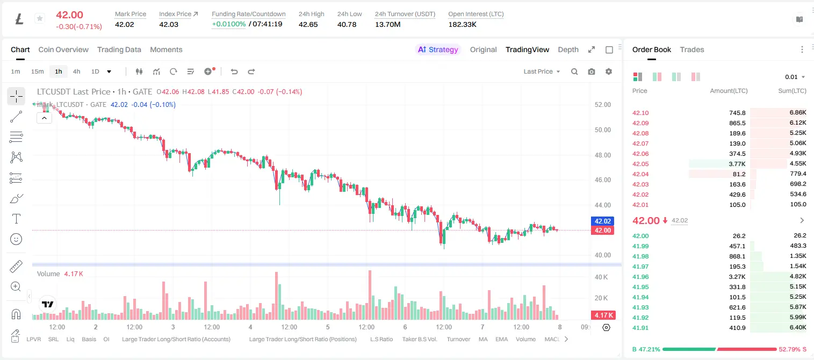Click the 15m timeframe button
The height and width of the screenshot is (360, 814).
(38, 71)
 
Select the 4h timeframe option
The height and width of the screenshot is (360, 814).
(76, 71)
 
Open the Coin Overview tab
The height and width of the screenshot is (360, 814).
(63, 49)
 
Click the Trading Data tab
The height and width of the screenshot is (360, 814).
(119, 49)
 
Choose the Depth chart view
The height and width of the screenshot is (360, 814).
(568, 49)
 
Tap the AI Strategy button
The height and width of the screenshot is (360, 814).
(438, 49)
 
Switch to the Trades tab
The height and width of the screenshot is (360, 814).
(692, 49)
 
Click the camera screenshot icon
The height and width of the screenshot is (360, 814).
(592, 71)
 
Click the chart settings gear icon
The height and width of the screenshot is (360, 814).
(609, 71)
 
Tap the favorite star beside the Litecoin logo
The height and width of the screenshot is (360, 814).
(40, 18)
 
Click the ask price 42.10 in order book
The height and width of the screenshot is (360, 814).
(640, 113)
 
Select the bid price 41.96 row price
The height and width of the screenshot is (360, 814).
(640, 277)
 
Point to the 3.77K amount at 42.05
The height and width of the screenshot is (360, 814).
(737, 164)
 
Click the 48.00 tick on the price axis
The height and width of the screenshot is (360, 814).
(602, 155)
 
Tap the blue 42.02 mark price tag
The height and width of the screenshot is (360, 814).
(602, 221)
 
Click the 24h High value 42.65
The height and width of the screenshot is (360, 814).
(308, 24)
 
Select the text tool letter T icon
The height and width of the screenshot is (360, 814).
(16, 219)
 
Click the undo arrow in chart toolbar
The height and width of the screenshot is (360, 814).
(234, 71)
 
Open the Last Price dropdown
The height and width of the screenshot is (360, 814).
(542, 71)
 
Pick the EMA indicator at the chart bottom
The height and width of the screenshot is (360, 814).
(501, 339)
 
